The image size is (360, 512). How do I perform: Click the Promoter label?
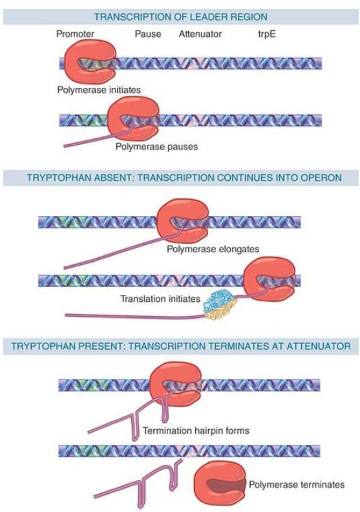click(x=75, y=34)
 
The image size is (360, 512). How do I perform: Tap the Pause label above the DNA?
click(x=148, y=34)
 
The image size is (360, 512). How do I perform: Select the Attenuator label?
click(x=200, y=34)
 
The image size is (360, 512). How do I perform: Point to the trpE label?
click(x=267, y=34)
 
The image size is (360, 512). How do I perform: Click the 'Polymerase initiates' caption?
click(x=99, y=90)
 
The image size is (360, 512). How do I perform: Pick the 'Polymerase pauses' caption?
click(x=156, y=147)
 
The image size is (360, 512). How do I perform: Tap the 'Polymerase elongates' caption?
click(x=213, y=249)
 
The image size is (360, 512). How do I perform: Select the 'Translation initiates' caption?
click(x=160, y=299)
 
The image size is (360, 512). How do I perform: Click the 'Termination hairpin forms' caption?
click(x=196, y=431)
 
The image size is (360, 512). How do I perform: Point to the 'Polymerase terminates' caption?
click(x=297, y=485)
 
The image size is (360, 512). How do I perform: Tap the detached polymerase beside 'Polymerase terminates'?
click(x=220, y=484)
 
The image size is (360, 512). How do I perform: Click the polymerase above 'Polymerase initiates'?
click(x=90, y=62)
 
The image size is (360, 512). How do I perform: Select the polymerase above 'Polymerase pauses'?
click(x=134, y=119)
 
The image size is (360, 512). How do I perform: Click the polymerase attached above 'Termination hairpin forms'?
click(x=176, y=383)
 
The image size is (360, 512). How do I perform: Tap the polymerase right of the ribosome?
click(x=270, y=279)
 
